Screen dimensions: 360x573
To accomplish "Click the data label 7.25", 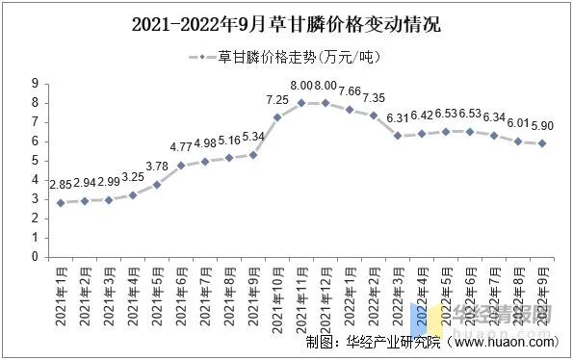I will (277, 99).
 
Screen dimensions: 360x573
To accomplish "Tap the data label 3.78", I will (157, 166).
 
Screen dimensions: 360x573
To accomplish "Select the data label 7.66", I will (350, 91).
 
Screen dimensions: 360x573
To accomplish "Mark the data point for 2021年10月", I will (277, 117).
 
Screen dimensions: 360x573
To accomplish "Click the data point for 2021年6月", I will (181, 165).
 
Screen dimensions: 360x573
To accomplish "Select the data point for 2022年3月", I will (398, 136).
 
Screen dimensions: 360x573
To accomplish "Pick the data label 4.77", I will (181, 147).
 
